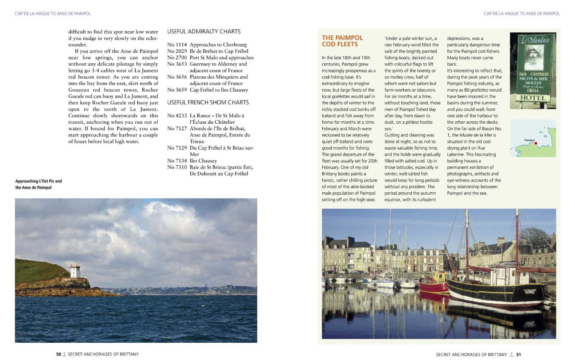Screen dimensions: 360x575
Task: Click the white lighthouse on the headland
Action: (x=75, y=271)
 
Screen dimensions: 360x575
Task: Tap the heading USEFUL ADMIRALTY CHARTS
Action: (x=204, y=32)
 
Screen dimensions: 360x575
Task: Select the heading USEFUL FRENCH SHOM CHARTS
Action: (x=208, y=102)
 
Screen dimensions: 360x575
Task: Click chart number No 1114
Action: (x=177, y=45)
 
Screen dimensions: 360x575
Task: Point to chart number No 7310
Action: (x=177, y=167)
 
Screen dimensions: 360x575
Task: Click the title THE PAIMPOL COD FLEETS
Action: (x=342, y=41)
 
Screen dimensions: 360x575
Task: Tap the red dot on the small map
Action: (x=536, y=143)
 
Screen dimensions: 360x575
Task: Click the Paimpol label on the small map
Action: (x=529, y=140)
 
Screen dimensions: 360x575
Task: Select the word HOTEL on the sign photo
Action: (x=533, y=98)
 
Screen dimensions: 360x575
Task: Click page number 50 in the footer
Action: (x=59, y=354)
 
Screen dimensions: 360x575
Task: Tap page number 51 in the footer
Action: (x=519, y=354)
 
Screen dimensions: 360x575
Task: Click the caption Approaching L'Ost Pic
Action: (x=39, y=181)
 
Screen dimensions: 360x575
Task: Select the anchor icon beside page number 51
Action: (x=512, y=354)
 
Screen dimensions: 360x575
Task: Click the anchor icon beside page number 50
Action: (x=64, y=354)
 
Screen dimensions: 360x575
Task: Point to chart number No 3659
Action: (x=177, y=90)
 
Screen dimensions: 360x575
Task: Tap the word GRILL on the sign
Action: (x=533, y=90)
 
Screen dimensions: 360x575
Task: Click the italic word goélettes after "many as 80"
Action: (x=479, y=90)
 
